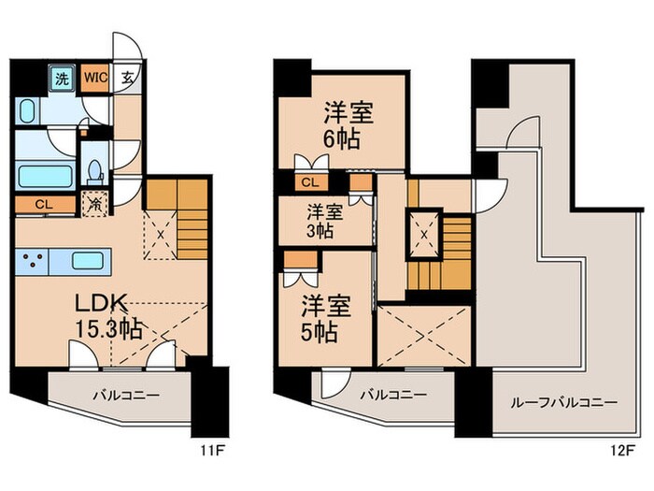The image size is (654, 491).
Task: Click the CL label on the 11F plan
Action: pyautogui.click(x=43, y=203)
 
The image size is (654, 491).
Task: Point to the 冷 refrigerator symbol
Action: pyautogui.click(x=93, y=200)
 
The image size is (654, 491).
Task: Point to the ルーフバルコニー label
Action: pyautogui.click(x=563, y=402)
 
